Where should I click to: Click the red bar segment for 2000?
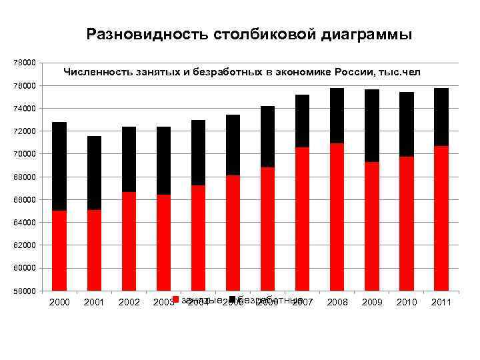coord(59,251)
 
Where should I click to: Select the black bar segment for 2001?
coord(94,173)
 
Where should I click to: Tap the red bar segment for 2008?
coord(337,217)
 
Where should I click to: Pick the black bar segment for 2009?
coord(371,125)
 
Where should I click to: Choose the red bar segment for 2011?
coord(441,218)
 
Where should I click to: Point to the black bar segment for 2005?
coord(233,145)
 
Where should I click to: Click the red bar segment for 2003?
coord(163,243)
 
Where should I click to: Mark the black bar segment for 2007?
coord(302,121)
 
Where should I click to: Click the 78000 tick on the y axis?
coord(25,63)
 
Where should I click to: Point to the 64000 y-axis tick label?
coord(25,222)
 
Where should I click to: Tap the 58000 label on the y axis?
coord(25,291)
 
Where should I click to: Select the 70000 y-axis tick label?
coord(25,154)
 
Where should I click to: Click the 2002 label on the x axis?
coord(129,303)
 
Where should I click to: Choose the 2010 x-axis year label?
coord(406,303)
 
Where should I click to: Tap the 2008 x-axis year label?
coord(337,303)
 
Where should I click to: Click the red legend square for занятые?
coord(175,299)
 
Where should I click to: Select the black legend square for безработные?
coord(232,299)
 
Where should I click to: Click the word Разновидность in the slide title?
coord(148,34)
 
